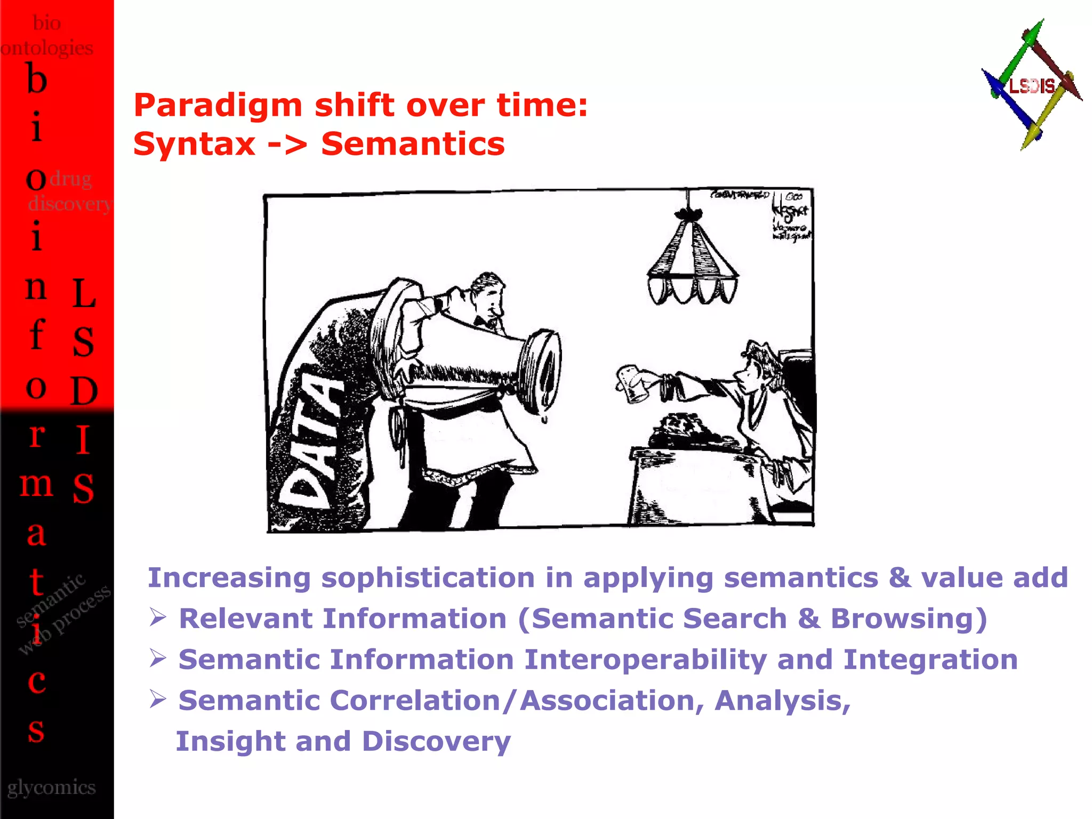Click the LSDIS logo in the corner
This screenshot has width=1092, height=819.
pyautogui.click(x=1032, y=85)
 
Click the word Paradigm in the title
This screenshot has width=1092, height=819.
pyautogui.click(x=218, y=105)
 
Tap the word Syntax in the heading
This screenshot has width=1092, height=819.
pyautogui.click(x=194, y=144)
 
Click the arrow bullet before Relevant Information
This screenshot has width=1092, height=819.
pyautogui.click(x=158, y=618)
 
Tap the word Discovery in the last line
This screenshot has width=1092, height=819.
pyautogui.click(x=436, y=742)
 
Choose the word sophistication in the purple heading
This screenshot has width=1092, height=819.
pyautogui.click(x=428, y=578)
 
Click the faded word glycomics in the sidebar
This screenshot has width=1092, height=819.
pyautogui.click(x=51, y=788)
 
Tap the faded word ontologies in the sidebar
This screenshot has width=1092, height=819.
pyautogui.click(x=47, y=48)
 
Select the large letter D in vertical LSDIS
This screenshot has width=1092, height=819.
pyautogui.click(x=84, y=391)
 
